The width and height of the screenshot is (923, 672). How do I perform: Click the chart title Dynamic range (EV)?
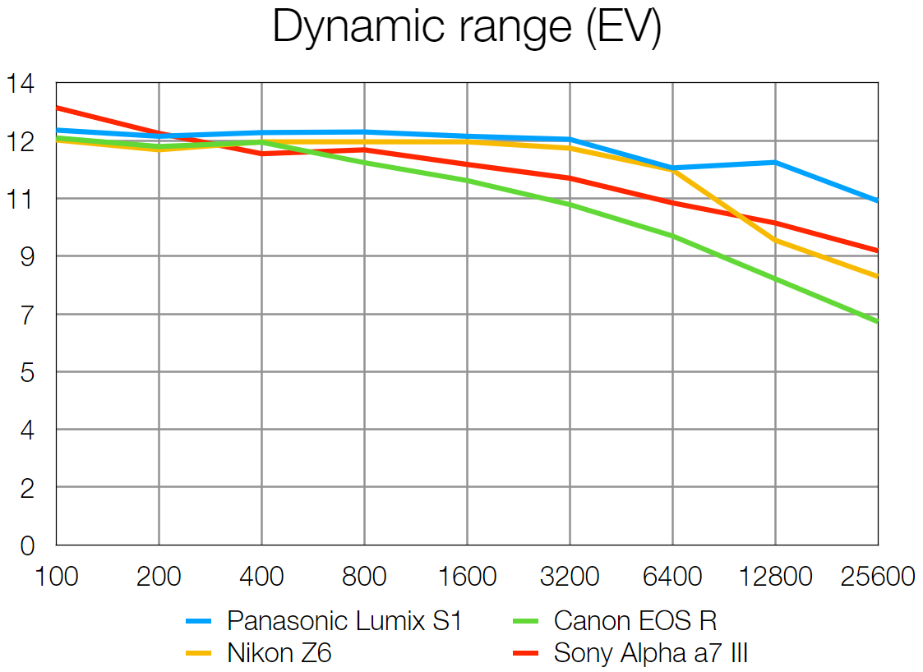[x=466, y=28]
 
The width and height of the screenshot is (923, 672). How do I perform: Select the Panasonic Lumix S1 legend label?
[x=344, y=621]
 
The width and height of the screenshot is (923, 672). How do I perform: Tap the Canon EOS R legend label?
[x=635, y=621]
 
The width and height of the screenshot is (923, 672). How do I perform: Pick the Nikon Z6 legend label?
[x=279, y=653]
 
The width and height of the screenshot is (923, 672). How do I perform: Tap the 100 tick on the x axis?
[x=56, y=577]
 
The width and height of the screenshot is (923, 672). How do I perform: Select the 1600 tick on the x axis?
[x=467, y=577]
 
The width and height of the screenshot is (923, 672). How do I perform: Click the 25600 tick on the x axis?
[x=878, y=577]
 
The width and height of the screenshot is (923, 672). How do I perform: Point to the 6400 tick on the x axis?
[x=672, y=577]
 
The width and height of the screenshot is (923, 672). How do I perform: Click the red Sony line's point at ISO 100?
[x=57, y=108]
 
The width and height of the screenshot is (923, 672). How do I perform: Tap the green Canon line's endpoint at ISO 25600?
[x=877, y=321]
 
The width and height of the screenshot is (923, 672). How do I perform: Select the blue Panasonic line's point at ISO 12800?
[x=775, y=162]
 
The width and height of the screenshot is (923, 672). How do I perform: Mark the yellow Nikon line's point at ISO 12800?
[x=775, y=240]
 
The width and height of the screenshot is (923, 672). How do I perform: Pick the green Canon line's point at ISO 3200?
[x=570, y=205]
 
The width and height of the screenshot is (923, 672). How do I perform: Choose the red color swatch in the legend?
[x=525, y=654]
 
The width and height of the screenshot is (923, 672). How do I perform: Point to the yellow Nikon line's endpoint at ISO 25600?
[x=877, y=276]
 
